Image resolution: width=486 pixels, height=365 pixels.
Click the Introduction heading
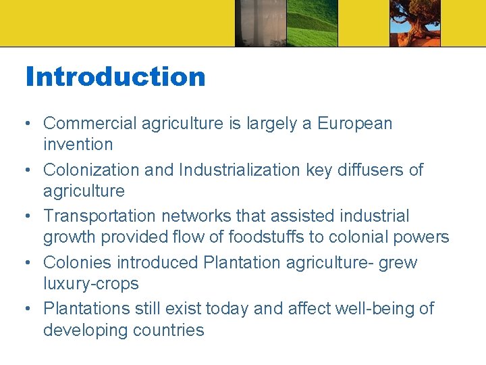(x=115, y=76)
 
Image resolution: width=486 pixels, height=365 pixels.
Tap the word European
(x=354, y=124)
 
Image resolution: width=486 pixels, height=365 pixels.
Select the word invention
(x=78, y=144)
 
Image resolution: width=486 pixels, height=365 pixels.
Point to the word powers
(x=423, y=237)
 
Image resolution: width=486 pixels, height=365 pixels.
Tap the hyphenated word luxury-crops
(x=90, y=283)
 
